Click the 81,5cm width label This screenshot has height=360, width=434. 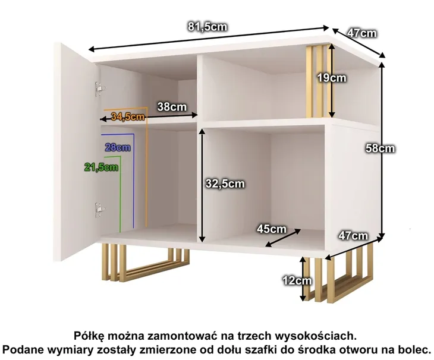207,27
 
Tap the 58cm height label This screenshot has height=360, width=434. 380,149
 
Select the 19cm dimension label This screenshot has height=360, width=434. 332,78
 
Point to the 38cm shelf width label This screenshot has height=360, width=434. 172,106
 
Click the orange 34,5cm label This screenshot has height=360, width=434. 128,116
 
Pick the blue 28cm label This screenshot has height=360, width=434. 118,147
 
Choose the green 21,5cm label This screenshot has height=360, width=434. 101,167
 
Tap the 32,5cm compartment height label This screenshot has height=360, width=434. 225,184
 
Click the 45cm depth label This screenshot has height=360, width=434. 271,229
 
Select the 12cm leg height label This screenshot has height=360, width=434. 297,281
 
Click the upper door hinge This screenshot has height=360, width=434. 100,89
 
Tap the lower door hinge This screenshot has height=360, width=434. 100,210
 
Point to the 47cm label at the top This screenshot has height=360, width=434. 362,33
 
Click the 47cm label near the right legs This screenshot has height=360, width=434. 354,236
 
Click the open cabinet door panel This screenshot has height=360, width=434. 75,151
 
